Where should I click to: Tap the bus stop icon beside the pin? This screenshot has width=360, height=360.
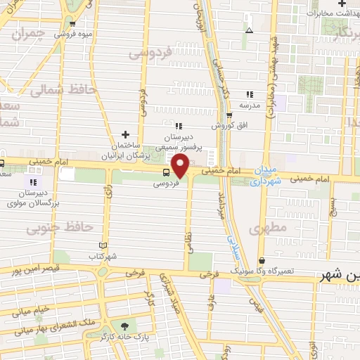pos(166,173)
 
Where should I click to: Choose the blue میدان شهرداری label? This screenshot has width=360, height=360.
pos(266,176)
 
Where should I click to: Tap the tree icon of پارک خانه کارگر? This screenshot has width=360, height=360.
pos(125,326)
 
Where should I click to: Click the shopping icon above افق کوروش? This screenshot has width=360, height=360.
pos(229,115)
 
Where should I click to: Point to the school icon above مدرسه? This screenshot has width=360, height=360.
pos(249,94)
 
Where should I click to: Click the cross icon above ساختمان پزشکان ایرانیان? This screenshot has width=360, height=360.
pos(125,134)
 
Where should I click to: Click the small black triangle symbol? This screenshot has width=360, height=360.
pos(249,30)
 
